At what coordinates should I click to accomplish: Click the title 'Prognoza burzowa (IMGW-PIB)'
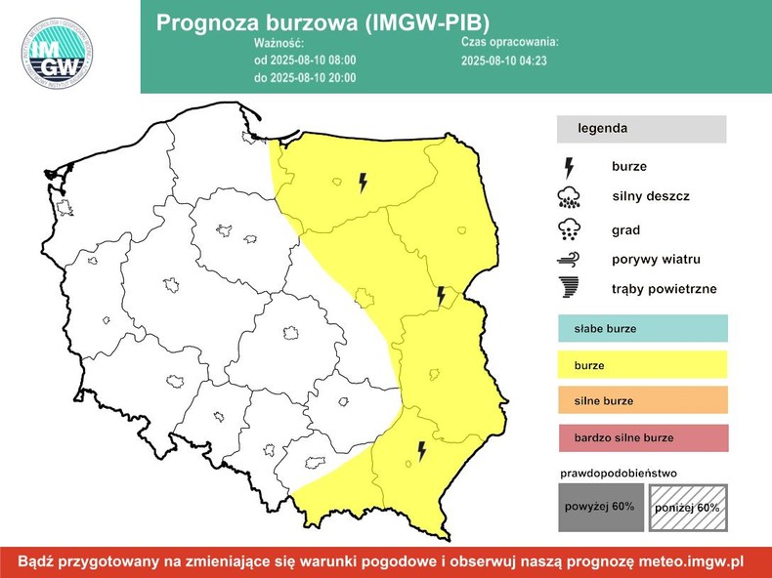(x=323, y=22)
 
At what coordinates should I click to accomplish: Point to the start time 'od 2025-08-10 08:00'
(x=304, y=61)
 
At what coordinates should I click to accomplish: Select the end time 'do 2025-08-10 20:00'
(x=304, y=77)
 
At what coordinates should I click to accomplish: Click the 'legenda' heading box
(x=641, y=129)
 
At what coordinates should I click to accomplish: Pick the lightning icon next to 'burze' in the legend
(x=569, y=167)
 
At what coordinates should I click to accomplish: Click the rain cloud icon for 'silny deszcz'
(x=568, y=198)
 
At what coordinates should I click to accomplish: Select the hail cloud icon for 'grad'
(x=568, y=230)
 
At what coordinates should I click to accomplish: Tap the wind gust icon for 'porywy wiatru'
(x=568, y=260)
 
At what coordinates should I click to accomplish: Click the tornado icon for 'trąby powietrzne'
(x=568, y=289)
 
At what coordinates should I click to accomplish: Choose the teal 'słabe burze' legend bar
(x=643, y=329)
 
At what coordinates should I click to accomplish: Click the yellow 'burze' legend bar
(x=643, y=365)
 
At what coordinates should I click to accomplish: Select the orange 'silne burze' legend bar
(x=643, y=400)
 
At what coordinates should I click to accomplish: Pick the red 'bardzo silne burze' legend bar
(x=643, y=437)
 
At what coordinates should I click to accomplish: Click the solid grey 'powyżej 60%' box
(x=600, y=507)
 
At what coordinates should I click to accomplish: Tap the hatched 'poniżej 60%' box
(x=688, y=507)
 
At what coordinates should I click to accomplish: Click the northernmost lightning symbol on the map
(x=363, y=182)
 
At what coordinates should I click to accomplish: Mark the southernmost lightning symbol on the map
(x=421, y=450)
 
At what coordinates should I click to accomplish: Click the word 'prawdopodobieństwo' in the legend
(x=618, y=474)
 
